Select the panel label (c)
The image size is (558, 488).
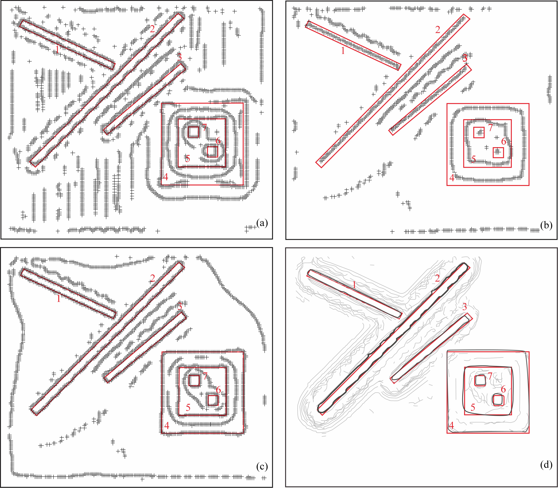pyautogui.click(x=262, y=467)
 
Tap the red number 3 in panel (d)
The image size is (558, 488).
pyautogui.click(x=465, y=307)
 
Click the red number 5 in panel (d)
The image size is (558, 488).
pyautogui.click(x=473, y=415)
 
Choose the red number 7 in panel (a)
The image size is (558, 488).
pyautogui.click(x=204, y=127)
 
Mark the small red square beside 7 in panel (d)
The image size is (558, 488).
pyautogui.click(x=480, y=381)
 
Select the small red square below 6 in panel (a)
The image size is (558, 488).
pyautogui.click(x=213, y=152)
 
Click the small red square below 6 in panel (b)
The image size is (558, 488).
pyautogui.click(x=498, y=153)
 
